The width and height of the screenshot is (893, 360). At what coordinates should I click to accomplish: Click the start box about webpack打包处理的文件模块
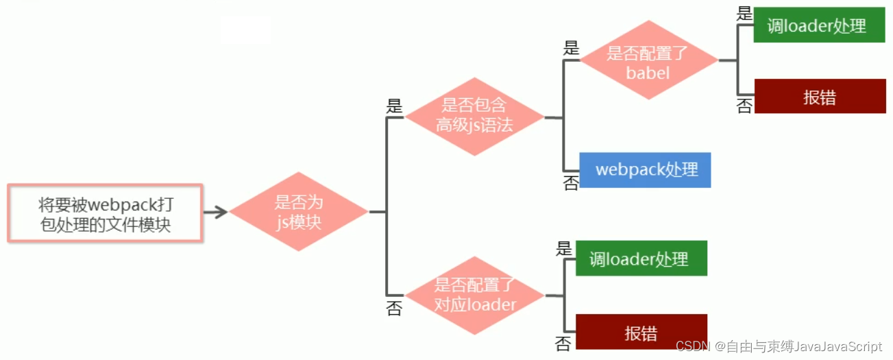pos(105,213)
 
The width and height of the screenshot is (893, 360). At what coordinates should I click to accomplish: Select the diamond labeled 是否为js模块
pos(299,212)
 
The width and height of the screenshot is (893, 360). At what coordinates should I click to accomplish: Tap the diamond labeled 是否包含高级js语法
pos(474,116)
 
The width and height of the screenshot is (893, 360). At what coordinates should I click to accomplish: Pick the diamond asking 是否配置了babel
pos(648,60)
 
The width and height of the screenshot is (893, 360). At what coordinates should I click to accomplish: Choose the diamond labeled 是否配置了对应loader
pos(475,296)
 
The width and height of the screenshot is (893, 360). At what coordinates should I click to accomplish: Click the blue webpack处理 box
pos(645,169)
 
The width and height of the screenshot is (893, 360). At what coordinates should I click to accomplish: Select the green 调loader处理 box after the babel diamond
pos(819,26)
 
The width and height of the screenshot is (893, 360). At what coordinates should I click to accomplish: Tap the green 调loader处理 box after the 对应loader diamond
pos(641,259)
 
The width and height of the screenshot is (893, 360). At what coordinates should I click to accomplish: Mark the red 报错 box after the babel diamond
pos(820,97)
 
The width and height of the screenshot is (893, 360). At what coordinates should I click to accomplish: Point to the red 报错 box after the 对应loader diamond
pos(641,333)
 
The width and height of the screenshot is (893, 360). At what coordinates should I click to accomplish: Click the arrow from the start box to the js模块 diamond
pos(215,212)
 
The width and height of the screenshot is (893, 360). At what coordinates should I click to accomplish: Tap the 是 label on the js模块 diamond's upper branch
pos(395,106)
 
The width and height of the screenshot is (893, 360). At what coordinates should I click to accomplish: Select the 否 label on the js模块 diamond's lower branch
pos(394,309)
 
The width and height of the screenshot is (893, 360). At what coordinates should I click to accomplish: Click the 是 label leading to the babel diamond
pos(571,48)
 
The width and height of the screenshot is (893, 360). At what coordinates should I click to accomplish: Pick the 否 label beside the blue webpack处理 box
pos(571,182)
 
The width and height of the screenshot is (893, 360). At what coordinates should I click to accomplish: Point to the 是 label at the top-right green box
pos(744,14)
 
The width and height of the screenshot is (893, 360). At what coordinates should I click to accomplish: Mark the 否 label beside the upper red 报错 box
pos(744,106)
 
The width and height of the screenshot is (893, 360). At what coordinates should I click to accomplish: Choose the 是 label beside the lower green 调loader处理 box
pos(564,248)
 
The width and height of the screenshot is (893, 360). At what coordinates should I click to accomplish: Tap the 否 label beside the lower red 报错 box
pos(564,344)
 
